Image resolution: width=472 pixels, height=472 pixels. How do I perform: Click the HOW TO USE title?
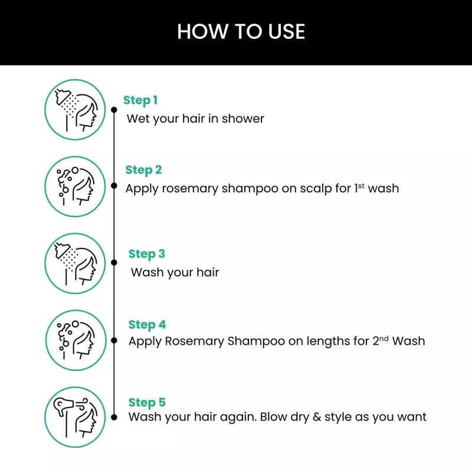(241, 32)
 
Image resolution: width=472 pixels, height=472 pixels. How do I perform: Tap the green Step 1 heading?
(140, 100)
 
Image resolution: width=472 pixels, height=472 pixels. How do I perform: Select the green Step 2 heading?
(143, 171)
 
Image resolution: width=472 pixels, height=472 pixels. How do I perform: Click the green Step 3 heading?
(146, 254)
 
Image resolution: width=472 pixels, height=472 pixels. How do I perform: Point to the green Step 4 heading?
(147, 324)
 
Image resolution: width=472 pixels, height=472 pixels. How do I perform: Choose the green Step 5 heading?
(147, 403)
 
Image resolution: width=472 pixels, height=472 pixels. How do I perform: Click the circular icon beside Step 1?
(75, 110)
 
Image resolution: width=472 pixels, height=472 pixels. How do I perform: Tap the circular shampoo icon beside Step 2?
(75, 186)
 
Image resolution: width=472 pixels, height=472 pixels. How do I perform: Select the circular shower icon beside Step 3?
(75, 263)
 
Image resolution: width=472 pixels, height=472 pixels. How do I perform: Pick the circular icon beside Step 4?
(75, 340)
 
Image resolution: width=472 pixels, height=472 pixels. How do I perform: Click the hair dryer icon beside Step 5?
(75, 417)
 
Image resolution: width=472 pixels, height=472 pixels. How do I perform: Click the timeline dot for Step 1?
(114, 110)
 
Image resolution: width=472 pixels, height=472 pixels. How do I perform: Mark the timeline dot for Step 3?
(114, 263)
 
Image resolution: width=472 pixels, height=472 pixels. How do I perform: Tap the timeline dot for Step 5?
(114, 417)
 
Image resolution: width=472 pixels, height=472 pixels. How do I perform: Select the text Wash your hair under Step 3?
(175, 273)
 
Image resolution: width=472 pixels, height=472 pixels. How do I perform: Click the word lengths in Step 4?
(323, 341)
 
